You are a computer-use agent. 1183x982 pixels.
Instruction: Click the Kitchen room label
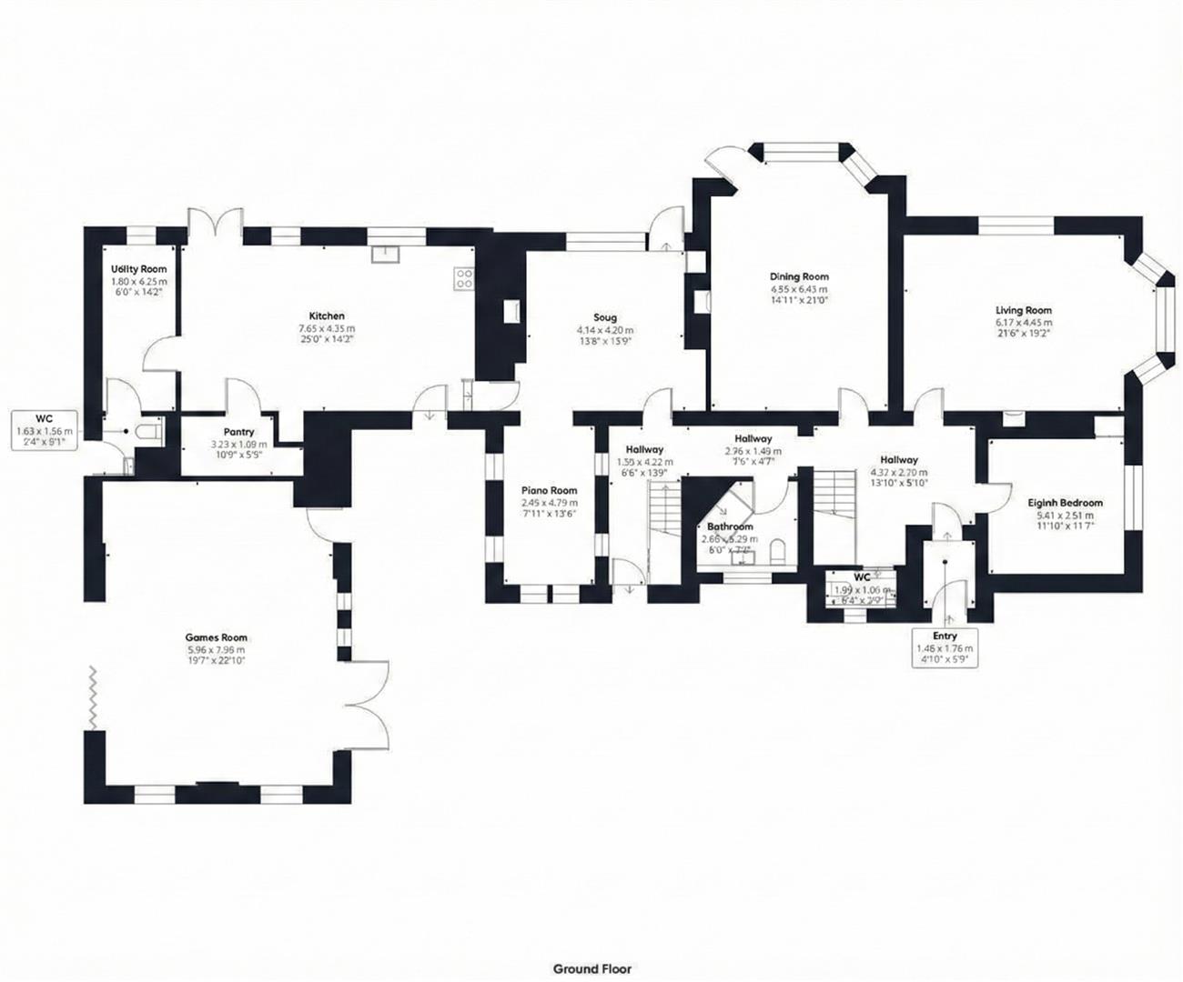(326, 316)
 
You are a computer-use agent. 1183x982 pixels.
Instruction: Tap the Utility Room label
(138, 269)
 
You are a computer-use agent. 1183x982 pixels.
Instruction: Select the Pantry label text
(238, 432)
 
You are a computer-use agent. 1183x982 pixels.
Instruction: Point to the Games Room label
(216, 637)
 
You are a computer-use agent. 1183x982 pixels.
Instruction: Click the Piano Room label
(549, 490)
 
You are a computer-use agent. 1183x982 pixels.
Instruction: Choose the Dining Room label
(799, 276)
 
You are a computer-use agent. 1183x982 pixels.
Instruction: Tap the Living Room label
(1023, 310)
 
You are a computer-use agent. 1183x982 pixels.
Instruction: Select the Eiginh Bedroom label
(1065, 503)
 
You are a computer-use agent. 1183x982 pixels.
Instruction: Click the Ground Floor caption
(591, 969)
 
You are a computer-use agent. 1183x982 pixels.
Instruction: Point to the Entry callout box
(945, 648)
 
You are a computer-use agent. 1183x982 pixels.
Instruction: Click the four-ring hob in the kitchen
(463, 277)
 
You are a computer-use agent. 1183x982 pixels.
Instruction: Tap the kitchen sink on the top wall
(387, 253)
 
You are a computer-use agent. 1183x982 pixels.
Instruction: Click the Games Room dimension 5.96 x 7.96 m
(216, 650)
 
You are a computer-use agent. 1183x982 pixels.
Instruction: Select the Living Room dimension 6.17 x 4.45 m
(1023, 322)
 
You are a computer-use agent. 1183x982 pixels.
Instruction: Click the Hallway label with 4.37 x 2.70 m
(898, 473)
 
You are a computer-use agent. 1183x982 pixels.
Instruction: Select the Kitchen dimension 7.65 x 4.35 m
(326, 328)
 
